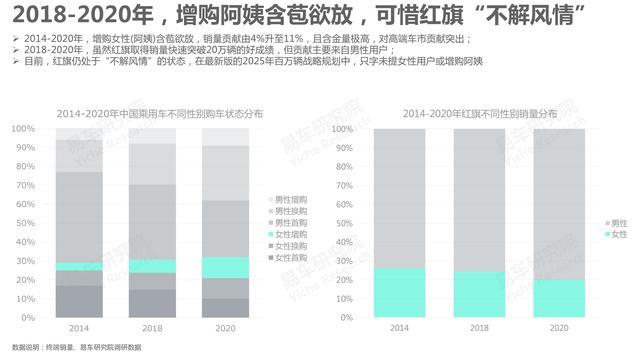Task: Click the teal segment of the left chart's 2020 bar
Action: point(226,267)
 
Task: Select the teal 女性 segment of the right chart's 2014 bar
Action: point(398,293)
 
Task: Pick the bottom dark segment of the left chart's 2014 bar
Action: point(81,301)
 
